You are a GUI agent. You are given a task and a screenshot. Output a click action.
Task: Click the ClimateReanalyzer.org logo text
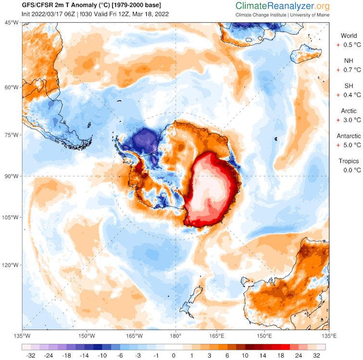tap(283, 6)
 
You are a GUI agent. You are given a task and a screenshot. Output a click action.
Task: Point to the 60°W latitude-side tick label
tap(12, 87)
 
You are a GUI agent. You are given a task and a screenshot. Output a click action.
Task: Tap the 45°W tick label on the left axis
tap(12, 23)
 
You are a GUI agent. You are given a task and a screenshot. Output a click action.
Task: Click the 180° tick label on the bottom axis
tap(175, 335)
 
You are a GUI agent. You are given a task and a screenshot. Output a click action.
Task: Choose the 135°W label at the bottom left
tap(23, 335)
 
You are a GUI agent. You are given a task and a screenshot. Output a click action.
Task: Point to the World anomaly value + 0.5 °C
tap(349, 45)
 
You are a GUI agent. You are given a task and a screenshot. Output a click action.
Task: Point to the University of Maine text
tap(311, 15)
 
